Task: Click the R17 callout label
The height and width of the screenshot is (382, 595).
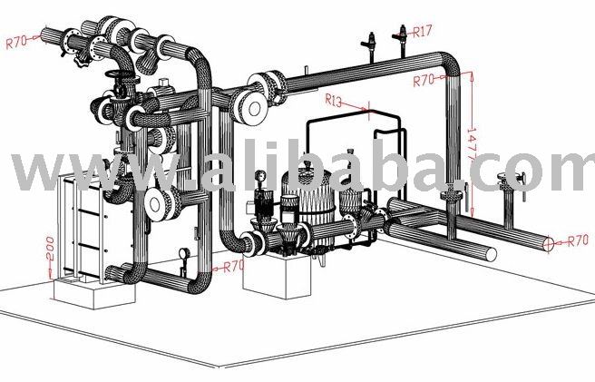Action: (423, 31)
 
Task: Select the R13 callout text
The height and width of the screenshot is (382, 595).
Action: (334, 100)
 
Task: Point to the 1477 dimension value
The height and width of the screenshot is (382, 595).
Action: (472, 143)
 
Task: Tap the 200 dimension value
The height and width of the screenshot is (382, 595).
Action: (49, 249)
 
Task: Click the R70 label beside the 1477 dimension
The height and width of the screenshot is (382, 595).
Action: (424, 80)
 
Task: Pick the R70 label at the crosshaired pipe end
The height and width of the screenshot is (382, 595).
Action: (578, 240)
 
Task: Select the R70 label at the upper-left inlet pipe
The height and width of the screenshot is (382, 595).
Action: (16, 42)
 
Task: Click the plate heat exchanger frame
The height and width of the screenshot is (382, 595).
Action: (82, 228)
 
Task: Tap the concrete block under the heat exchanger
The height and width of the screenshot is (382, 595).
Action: (94, 291)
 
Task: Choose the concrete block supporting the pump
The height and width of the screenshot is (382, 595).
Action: (277, 275)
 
